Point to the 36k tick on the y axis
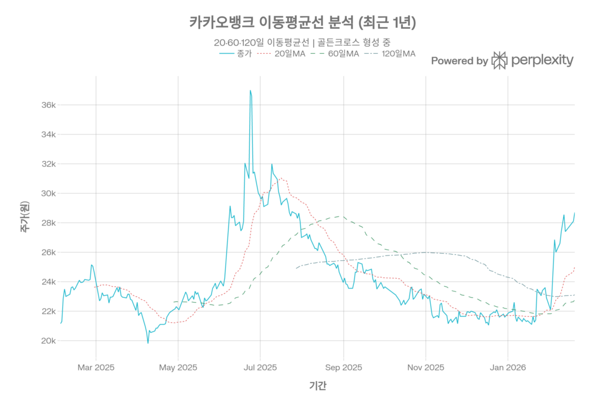48,105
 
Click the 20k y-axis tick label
48,340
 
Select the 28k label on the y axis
48,223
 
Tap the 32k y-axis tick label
48,164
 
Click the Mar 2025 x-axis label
96,367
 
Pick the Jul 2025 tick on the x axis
260,367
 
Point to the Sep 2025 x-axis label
343,367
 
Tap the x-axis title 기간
317,386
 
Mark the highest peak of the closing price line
251,91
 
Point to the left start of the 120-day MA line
296,268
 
